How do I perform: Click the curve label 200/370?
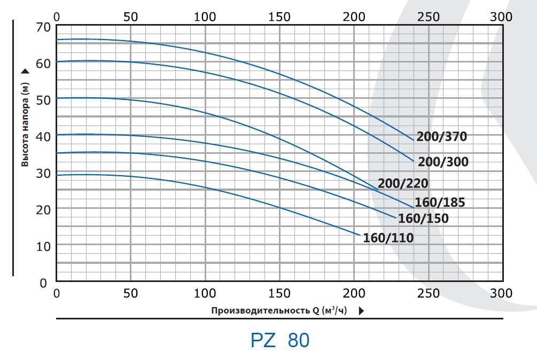441,137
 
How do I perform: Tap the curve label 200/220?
403,184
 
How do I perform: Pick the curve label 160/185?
440,202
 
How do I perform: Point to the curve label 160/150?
423,218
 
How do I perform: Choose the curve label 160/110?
388,238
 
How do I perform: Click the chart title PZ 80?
279,340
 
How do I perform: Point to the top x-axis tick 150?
279,17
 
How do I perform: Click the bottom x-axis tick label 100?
205,293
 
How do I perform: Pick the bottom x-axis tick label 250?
428,293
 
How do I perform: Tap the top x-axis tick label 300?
501,17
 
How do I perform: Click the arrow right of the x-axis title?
362,311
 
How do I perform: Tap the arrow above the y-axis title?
25,71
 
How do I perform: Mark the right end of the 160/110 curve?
360,234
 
